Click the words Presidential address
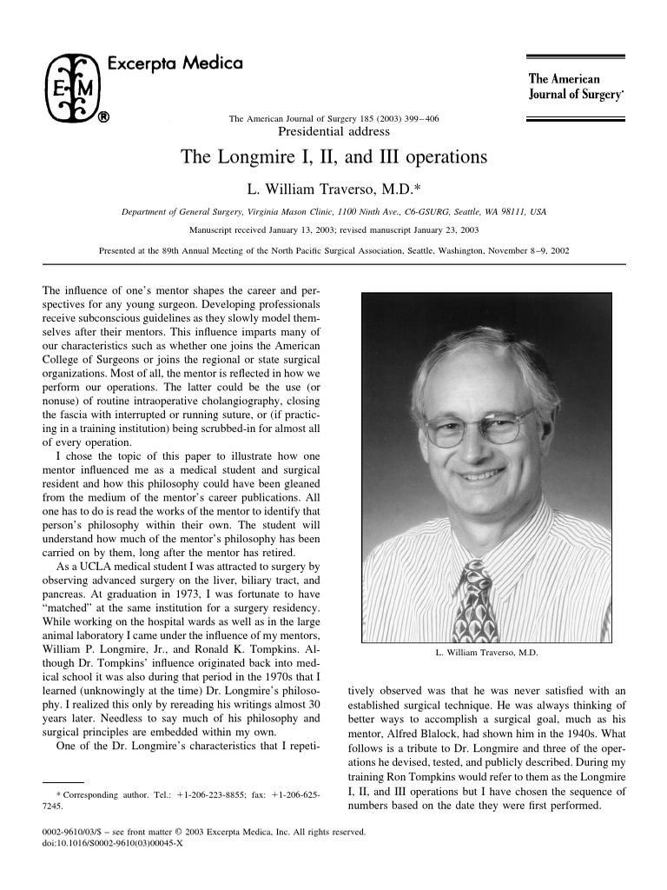point(333,132)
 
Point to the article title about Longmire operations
point(333,157)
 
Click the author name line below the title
point(333,187)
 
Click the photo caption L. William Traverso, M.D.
point(486,652)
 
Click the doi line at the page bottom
point(108,843)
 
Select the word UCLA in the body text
point(76,563)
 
